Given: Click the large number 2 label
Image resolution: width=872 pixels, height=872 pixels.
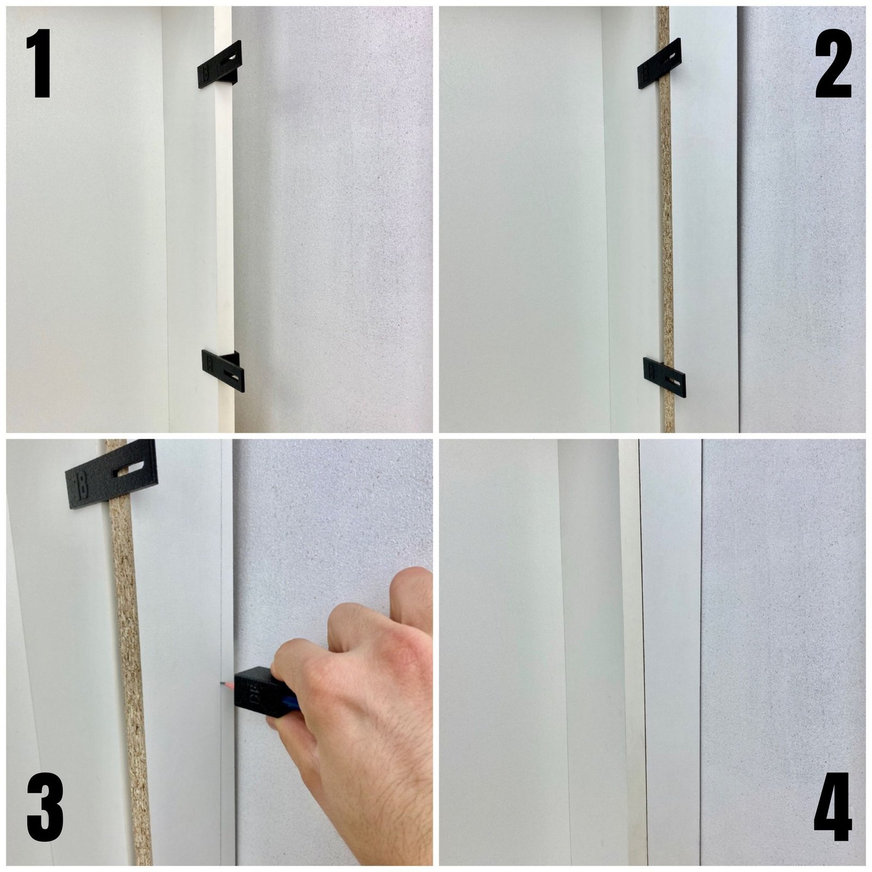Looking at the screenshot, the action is click(833, 64).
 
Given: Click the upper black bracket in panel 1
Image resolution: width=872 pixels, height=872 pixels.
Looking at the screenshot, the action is click(220, 65).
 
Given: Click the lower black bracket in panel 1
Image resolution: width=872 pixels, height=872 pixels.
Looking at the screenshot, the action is click(223, 371).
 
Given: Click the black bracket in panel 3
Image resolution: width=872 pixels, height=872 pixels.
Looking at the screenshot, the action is click(112, 474).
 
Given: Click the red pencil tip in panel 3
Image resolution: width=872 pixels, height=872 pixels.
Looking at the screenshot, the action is click(223, 683).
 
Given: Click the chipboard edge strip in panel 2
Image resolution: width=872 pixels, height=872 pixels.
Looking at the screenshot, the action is click(666, 218).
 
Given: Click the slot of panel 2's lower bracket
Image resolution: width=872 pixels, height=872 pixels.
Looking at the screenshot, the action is click(674, 381).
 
